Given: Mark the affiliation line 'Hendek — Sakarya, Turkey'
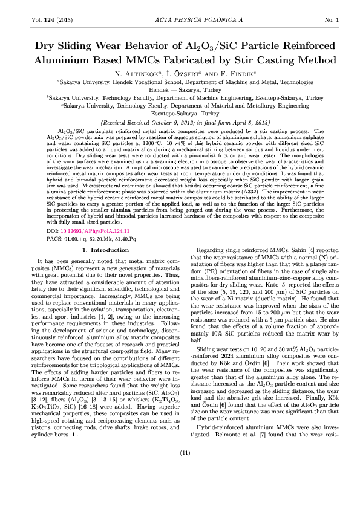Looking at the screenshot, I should pos(180,89).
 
